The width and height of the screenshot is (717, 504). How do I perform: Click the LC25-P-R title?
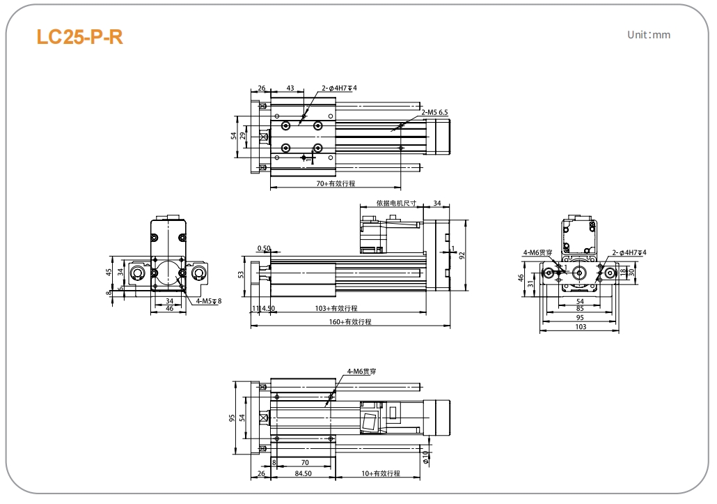[x=79, y=37]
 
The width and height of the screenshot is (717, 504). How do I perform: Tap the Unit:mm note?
[x=649, y=34]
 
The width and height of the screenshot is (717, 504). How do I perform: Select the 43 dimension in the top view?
[x=290, y=89]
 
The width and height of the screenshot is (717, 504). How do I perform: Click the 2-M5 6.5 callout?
[x=434, y=112]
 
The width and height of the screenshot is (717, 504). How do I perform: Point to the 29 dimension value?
[x=243, y=135]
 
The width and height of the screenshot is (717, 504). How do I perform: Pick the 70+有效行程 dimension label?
[x=336, y=184]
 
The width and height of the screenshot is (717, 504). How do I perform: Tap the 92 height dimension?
[x=462, y=256]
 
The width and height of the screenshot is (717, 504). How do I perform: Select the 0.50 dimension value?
[x=264, y=248]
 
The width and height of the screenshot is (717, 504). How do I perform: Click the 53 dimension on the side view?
[x=241, y=275]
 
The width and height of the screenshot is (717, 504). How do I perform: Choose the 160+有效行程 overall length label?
[x=350, y=322]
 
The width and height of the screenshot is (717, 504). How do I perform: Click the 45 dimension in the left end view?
[x=109, y=272]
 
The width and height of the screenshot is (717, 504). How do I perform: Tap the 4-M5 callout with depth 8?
[x=208, y=301]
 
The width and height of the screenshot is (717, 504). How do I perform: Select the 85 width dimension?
[x=580, y=309]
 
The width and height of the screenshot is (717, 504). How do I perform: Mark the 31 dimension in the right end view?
[x=531, y=283]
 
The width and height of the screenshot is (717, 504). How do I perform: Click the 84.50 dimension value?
[x=303, y=473]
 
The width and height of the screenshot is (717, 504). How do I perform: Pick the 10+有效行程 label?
[x=380, y=473]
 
